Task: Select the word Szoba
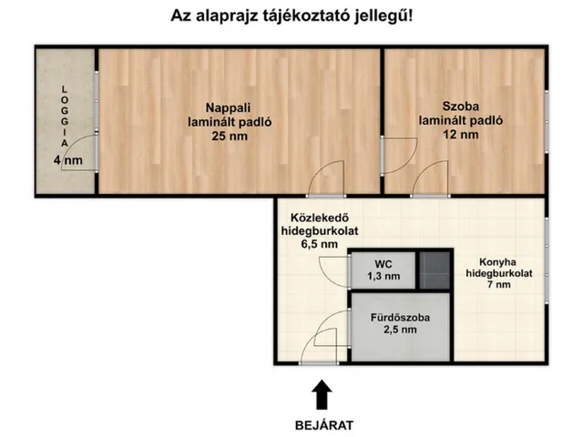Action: pyautogui.click(x=460, y=103)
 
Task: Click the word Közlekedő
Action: pyautogui.click(x=319, y=218)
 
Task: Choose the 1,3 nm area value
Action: pyautogui.click(x=383, y=275)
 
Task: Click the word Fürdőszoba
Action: pyautogui.click(x=400, y=318)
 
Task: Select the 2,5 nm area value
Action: pyautogui.click(x=400, y=330)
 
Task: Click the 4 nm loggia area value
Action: pyautogui.click(x=68, y=161)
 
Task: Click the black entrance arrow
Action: pyautogui.click(x=321, y=395)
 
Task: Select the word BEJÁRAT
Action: pyautogui.click(x=322, y=424)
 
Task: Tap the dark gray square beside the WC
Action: pyautogui.click(x=435, y=269)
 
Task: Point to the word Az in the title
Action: pyautogui.click(x=183, y=15)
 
